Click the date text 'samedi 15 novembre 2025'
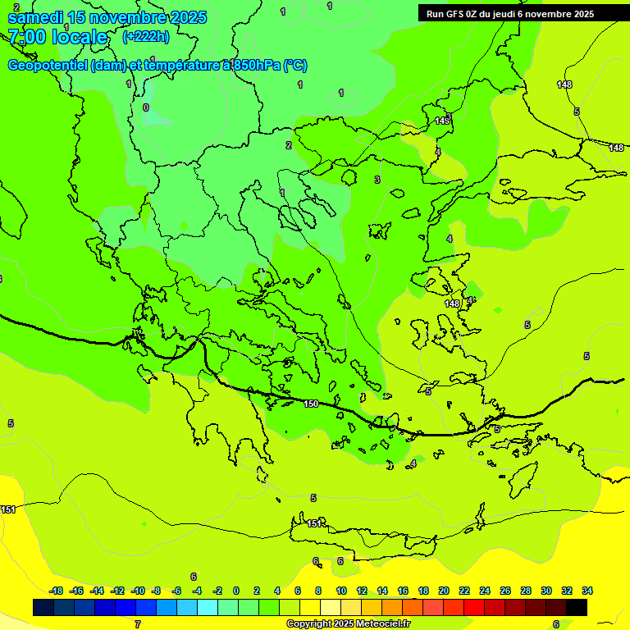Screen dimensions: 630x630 tap(107, 17)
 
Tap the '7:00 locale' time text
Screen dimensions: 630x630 tap(57, 37)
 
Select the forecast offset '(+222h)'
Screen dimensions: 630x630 tap(145, 36)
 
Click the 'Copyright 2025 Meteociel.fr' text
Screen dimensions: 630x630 tap(348, 624)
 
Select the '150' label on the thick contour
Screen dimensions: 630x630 tap(311, 404)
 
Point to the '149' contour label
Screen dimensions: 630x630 tap(442, 121)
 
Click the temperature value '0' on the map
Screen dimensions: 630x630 tap(146, 107)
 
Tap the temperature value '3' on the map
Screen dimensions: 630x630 tap(377, 180)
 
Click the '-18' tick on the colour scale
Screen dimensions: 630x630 tap(56, 591)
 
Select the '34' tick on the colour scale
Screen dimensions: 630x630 tap(587, 591)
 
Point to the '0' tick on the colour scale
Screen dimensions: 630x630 tap(236, 591)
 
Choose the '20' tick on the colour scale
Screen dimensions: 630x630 tap(444, 591)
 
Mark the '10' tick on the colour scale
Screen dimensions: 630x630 tap(341, 591)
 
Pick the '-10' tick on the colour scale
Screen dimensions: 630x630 tap(138, 591)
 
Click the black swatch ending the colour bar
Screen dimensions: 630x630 tap(577, 608)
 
